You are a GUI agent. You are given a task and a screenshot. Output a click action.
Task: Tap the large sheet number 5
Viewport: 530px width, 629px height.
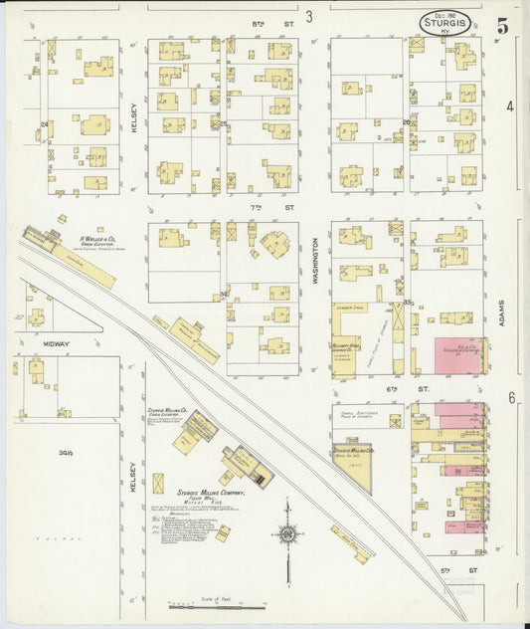click(x=503, y=27)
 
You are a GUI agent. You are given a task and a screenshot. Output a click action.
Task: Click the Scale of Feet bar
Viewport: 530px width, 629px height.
click(x=217, y=606)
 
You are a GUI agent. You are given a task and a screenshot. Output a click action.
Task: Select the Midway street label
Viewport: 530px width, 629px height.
click(x=56, y=343)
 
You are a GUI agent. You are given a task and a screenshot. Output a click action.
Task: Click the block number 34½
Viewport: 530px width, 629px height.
click(x=68, y=452)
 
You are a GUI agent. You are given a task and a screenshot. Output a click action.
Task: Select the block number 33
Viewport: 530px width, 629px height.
click(x=408, y=302)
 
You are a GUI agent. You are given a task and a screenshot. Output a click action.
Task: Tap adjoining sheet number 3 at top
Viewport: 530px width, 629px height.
click(x=309, y=16)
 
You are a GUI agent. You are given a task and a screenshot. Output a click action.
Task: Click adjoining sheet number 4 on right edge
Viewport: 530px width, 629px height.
click(x=510, y=105)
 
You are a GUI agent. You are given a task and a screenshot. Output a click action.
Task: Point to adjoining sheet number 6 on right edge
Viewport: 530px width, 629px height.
click(x=511, y=398)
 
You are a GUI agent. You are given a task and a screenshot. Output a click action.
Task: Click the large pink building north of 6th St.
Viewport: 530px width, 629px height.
click(x=457, y=354)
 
